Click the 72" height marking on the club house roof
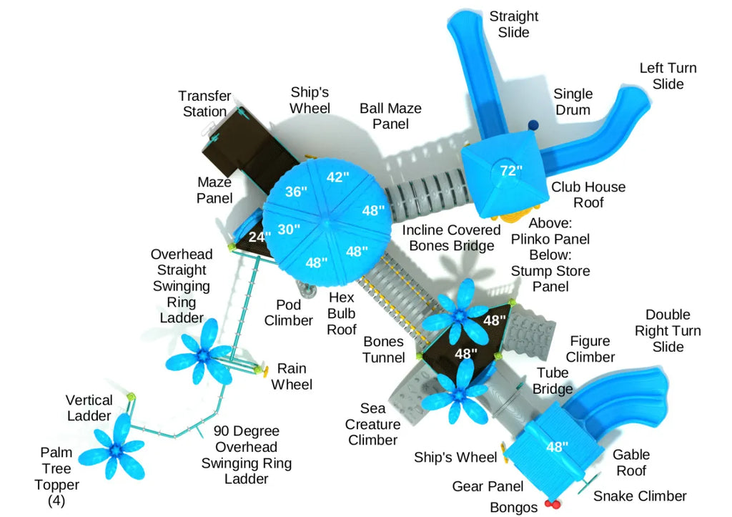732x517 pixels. (x=511, y=170)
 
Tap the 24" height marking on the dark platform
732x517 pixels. (x=259, y=237)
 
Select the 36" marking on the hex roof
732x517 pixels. (x=295, y=192)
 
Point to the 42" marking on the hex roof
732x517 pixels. (x=338, y=177)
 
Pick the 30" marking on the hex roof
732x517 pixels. (x=289, y=229)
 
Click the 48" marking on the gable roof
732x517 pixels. (x=557, y=447)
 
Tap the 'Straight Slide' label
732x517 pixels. (x=514, y=25)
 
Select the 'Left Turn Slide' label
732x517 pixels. (x=668, y=76)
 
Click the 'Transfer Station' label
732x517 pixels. (x=205, y=104)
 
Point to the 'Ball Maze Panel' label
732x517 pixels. (x=390, y=116)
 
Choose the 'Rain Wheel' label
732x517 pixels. (x=292, y=376)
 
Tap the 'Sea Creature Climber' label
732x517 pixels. (x=372, y=424)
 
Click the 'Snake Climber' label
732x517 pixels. (x=640, y=496)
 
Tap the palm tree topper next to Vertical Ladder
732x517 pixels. (x=115, y=449)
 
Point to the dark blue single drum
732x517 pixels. (x=533, y=125)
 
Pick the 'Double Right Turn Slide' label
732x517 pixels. (x=668, y=330)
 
